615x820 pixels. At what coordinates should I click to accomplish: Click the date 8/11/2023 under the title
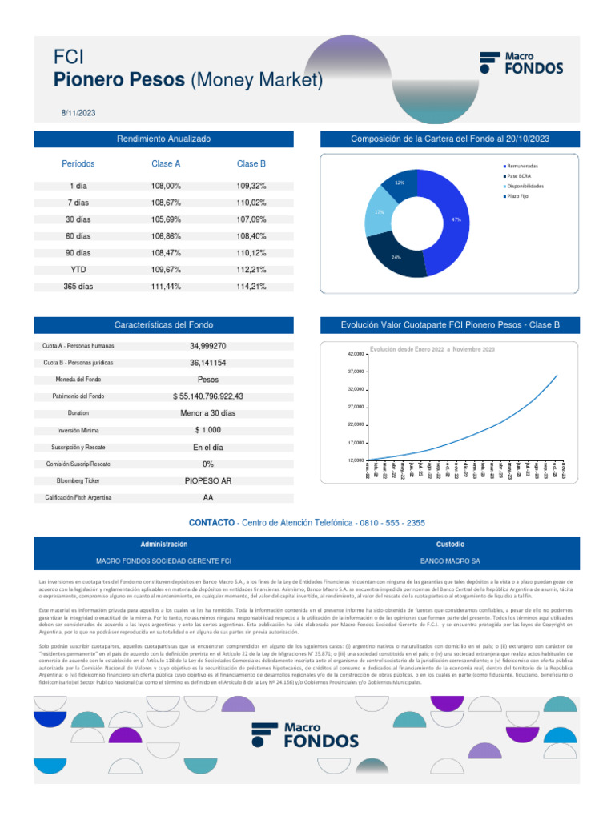tap(78, 113)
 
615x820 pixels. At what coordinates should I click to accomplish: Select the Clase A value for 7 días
tap(166, 203)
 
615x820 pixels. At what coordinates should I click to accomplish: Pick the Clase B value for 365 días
tap(251, 286)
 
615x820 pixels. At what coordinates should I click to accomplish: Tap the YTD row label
tap(78, 270)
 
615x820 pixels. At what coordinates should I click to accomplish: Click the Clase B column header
tap(251, 163)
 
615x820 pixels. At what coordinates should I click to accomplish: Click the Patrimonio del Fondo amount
tap(207, 396)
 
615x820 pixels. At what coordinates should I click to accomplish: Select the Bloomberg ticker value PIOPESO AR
tap(207, 481)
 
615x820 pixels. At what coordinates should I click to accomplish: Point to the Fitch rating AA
tap(207, 497)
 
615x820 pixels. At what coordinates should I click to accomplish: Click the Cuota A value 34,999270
tap(207, 346)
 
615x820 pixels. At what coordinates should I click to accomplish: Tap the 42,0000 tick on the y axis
tap(356, 354)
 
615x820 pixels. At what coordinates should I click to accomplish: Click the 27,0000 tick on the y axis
tap(356, 407)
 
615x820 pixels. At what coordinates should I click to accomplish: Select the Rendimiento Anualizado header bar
tap(163, 139)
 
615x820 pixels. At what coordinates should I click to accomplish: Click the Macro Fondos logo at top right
tap(521, 63)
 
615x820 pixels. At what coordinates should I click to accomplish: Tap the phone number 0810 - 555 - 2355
tap(394, 523)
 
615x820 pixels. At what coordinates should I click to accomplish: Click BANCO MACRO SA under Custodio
tap(450, 561)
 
